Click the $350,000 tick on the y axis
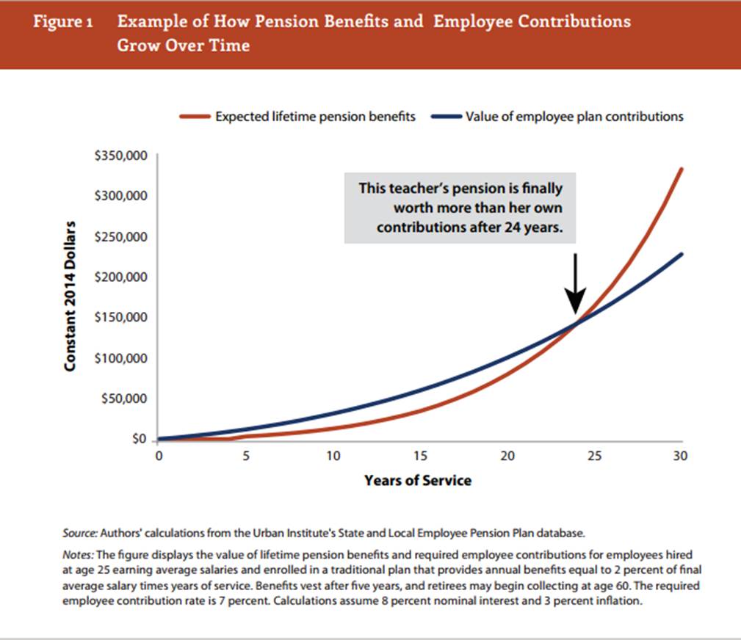click(x=120, y=156)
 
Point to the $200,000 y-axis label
click(x=120, y=277)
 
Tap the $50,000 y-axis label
click(x=125, y=399)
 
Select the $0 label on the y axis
click(x=138, y=440)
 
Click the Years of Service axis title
click(x=418, y=481)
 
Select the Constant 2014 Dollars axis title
click(x=71, y=294)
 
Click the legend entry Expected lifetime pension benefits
click(x=315, y=117)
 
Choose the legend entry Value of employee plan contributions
click(x=574, y=117)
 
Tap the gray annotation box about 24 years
click(x=460, y=208)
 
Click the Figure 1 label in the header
click(x=62, y=21)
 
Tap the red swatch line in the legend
click(x=195, y=117)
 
